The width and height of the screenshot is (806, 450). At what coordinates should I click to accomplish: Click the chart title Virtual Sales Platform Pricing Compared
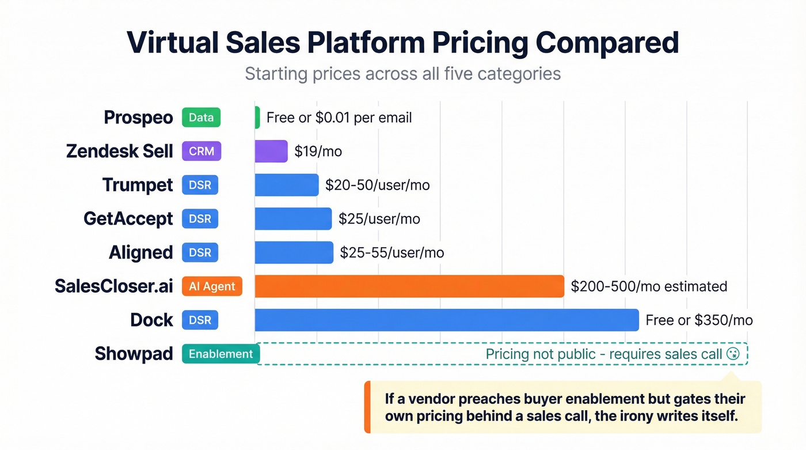[x=402, y=43]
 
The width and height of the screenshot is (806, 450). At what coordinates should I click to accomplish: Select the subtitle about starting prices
[x=402, y=74]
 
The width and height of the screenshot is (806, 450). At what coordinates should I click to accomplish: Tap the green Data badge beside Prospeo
[x=201, y=118]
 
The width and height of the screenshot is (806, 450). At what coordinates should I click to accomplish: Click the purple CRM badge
[x=201, y=152]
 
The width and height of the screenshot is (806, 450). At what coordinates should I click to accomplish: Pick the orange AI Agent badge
[x=212, y=286]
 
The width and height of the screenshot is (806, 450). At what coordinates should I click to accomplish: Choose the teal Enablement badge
[x=220, y=354]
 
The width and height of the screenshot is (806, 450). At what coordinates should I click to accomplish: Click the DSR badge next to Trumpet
[x=200, y=185]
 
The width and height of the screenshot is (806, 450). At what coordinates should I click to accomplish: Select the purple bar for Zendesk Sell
[x=271, y=152]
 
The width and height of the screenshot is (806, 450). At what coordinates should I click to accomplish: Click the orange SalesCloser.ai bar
[x=409, y=286]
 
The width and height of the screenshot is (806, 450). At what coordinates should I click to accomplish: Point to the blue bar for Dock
[x=446, y=320]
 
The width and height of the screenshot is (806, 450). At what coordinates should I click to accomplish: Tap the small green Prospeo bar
[x=257, y=118]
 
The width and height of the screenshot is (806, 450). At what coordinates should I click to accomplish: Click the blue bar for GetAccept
[x=293, y=219]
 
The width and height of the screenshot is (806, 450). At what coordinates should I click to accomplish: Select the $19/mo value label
[x=318, y=152]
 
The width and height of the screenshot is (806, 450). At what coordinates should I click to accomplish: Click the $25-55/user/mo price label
[x=391, y=253]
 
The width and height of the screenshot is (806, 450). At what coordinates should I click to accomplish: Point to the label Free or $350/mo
[x=699, y=320]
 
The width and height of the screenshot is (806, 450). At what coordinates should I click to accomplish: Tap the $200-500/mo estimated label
[x=649, y=286]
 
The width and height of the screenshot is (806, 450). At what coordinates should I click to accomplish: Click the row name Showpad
[x=134, y=354]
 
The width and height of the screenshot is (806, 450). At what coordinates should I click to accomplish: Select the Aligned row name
[x=140, y=252]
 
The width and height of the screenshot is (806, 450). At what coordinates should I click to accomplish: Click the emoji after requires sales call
[x=733, y=354]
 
